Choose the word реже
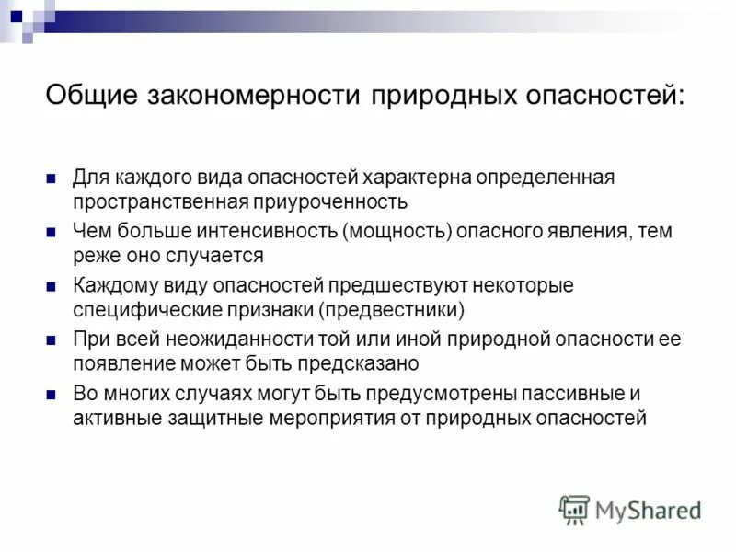tap(94, 254)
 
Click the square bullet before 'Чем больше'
tap(52, 232)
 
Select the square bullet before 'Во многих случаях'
tap(52, 395)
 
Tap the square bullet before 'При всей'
tap(52, 340)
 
